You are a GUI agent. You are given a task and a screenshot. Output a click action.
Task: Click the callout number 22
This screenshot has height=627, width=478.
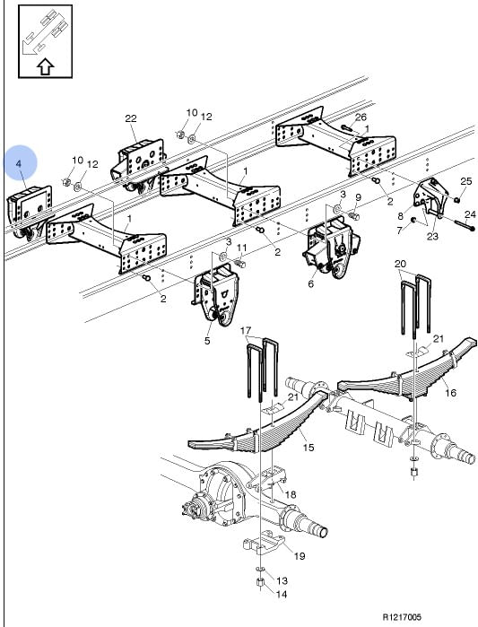tap(131, 118)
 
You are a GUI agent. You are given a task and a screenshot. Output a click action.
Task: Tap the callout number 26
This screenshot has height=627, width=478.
tap(361, 117)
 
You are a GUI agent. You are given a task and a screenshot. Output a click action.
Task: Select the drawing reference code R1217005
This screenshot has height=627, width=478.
tap(402, 617)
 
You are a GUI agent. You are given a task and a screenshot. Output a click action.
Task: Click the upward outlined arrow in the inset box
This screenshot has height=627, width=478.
tap(45, 66)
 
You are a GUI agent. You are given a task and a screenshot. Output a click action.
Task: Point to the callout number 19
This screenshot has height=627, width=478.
tap(300, 555)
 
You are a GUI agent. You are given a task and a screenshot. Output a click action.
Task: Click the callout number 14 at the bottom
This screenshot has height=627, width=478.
tap(282, 594)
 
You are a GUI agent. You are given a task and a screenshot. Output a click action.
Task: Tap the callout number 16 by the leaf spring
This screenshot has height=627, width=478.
tap(450, 392)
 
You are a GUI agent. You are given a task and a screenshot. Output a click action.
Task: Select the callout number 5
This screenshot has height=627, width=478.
tap(207, 341)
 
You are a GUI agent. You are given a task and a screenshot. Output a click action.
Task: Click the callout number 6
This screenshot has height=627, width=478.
tap(310, 284)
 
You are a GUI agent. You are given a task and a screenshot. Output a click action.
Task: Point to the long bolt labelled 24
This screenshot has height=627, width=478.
tap(464, 225)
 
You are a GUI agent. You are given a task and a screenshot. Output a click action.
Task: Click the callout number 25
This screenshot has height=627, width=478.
tap(466, 181)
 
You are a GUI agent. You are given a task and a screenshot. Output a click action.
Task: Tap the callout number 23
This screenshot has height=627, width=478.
tap(432, 236)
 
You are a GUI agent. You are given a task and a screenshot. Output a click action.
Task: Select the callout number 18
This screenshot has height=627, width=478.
tap(291, 494)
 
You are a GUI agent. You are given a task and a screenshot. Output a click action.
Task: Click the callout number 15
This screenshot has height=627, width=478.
tap(309, 447)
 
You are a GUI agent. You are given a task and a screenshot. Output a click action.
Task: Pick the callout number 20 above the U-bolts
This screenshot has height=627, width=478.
tap(400, 264)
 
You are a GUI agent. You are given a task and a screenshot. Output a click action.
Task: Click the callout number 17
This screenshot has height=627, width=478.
tap(246, 330)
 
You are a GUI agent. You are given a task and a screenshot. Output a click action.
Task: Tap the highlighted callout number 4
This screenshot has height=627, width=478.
tap(18, 163)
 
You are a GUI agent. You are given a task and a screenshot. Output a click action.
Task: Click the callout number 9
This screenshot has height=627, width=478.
tap(358, 197)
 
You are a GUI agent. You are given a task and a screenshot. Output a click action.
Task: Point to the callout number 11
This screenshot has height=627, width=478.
tap(242, 248)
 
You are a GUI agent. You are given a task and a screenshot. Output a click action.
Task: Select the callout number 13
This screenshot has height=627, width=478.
tap(282, 580)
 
